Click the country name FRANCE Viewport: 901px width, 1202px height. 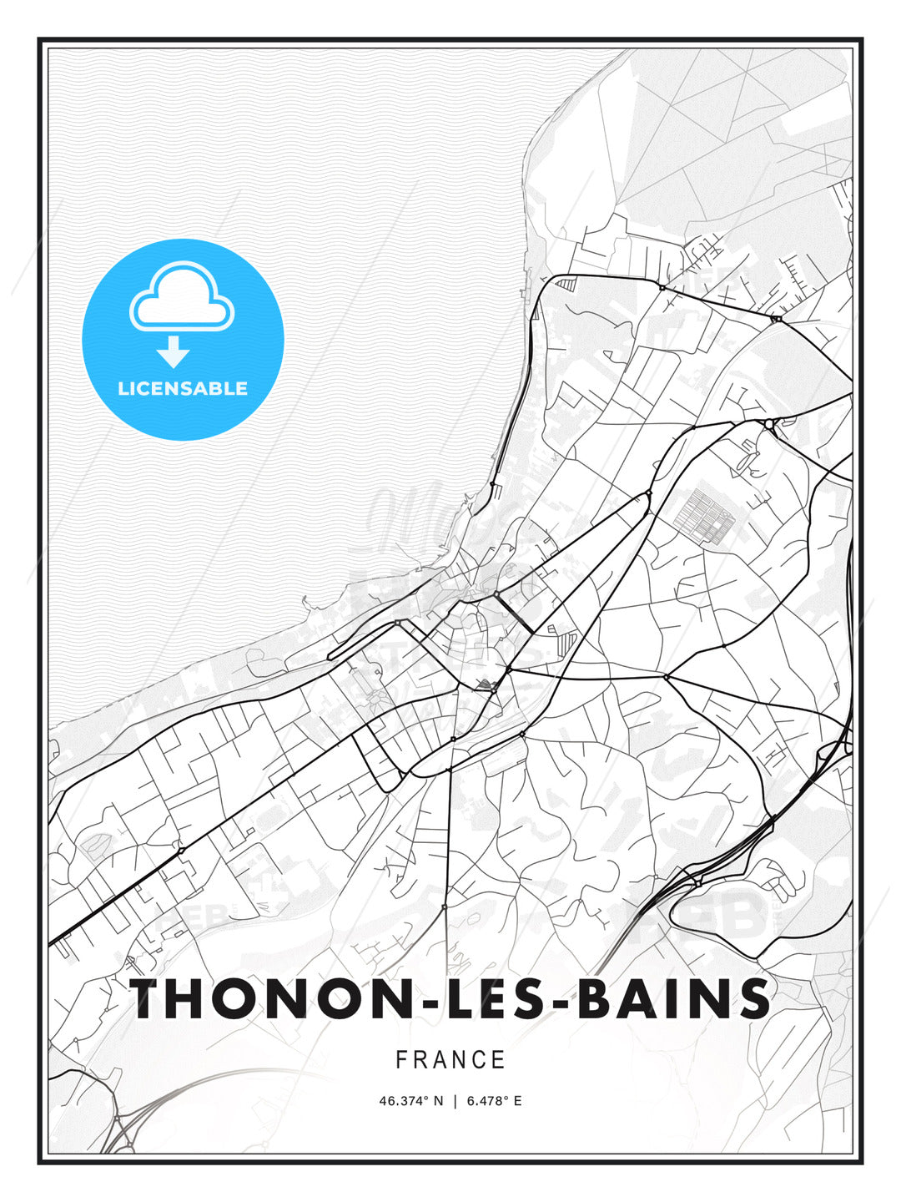(x=450, y=1060)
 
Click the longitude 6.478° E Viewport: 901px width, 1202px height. (x=494, y=1101)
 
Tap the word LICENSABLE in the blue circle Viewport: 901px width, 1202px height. (x=183, y=388)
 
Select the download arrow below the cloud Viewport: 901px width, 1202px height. (x=174, y=351)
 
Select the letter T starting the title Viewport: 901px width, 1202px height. (x=151, y=998)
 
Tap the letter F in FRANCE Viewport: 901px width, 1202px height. (x=401, y=1060)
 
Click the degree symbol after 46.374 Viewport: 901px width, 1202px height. (x=430, y=1098)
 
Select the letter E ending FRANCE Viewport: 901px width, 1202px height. (x=499, y=1060)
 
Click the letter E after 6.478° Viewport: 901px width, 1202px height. (x=517, y=1101)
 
